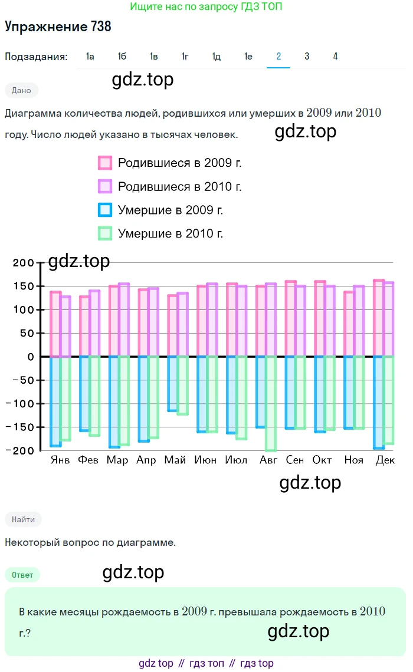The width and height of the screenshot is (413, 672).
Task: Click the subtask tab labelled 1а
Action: tap(90, 57)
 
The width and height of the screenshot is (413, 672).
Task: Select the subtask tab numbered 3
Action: tap(307, 57)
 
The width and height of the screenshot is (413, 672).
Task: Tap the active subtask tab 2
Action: tap(278, 57)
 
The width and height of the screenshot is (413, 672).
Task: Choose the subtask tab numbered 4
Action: tap(335, 57)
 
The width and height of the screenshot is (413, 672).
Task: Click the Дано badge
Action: tap(21, 90)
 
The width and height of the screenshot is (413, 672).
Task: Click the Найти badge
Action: tap(23, 519)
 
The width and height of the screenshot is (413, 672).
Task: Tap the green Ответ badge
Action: tap(22, 575)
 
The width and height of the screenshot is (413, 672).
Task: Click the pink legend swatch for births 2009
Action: tap(105, 163)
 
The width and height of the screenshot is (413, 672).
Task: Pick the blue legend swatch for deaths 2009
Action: tap(105, 210)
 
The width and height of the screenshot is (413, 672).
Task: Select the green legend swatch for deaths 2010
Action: tap(105, 233)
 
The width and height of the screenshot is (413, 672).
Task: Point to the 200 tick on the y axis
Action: tap(24, 263)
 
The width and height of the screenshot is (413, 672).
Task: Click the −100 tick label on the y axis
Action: tap(21, 404)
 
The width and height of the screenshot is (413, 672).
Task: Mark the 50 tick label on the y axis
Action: tap(27, 333)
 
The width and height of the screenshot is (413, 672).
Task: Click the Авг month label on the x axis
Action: tap(268, 460)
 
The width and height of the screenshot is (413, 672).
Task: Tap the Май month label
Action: tap(175, 460)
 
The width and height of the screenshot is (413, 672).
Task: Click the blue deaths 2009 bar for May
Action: tap(172, 383)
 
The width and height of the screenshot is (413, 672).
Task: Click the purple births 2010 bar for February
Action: tap(94, 324)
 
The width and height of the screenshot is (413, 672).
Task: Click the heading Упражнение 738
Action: tap(58, 27)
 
